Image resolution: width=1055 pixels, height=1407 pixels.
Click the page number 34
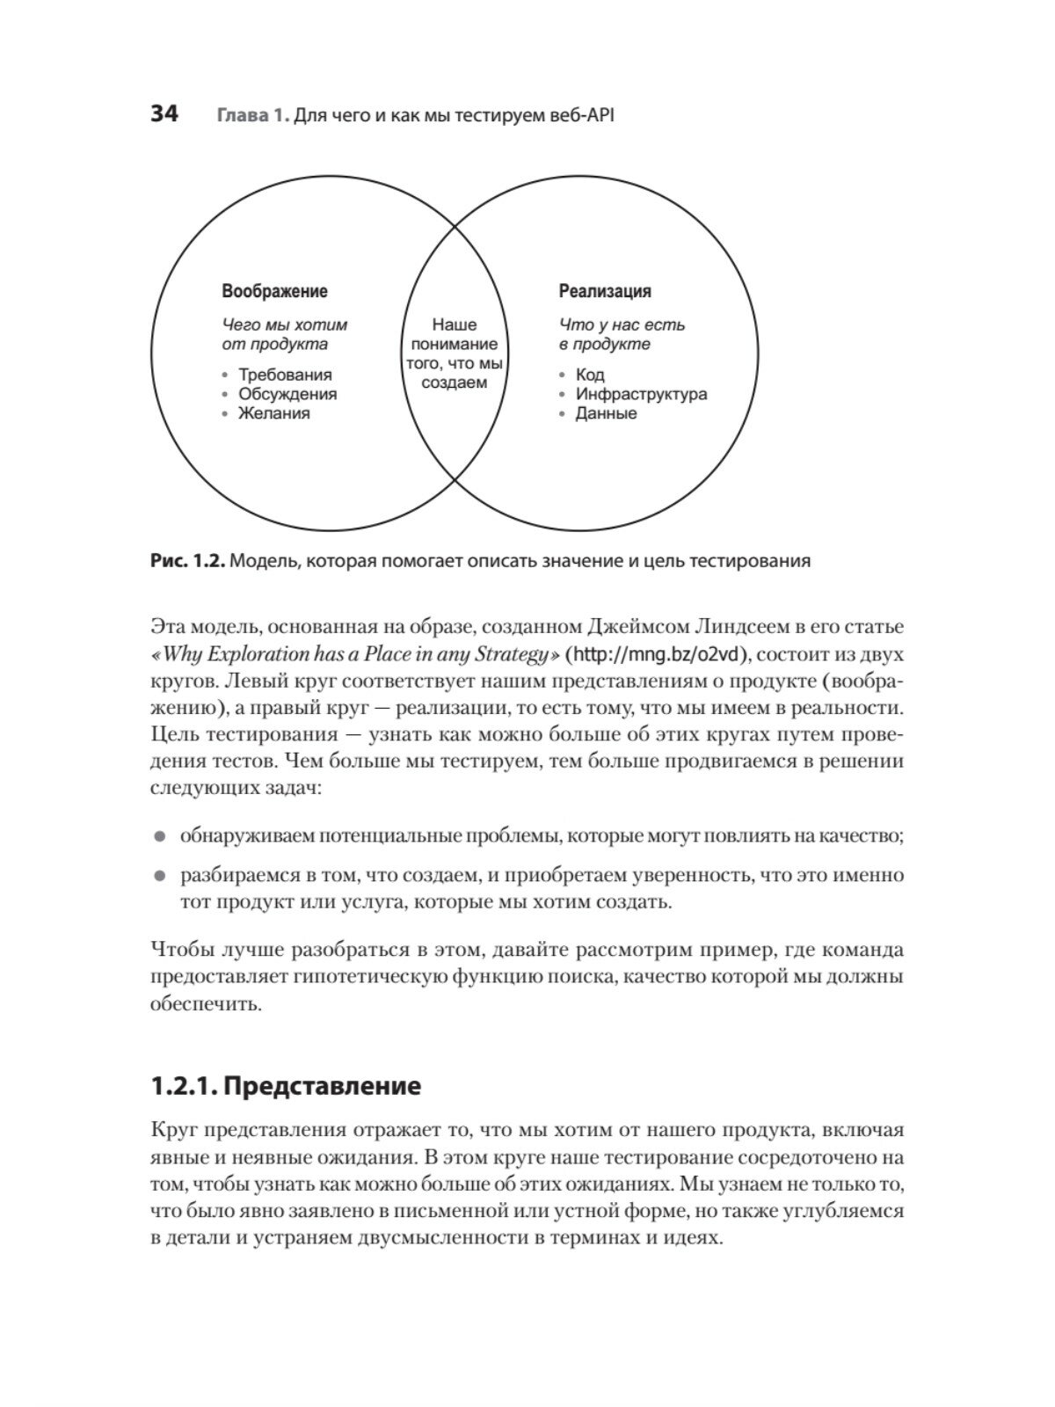164,114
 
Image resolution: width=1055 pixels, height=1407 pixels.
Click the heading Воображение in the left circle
274,291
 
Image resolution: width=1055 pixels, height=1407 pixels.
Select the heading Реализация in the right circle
605,291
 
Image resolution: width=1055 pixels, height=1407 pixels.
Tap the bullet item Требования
285,375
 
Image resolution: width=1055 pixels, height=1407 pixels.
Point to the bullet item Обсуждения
287,395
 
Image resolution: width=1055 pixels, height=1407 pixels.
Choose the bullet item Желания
274,413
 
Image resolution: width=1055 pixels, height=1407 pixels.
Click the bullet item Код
590,375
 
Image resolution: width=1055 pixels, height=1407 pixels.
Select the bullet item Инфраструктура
641,395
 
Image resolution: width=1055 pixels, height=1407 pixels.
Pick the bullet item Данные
606,413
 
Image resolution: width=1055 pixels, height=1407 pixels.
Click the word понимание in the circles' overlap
455,345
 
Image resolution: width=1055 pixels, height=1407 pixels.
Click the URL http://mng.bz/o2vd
660,654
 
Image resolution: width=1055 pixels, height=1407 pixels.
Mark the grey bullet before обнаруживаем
159,836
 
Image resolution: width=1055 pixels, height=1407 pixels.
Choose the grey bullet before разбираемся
159,876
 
